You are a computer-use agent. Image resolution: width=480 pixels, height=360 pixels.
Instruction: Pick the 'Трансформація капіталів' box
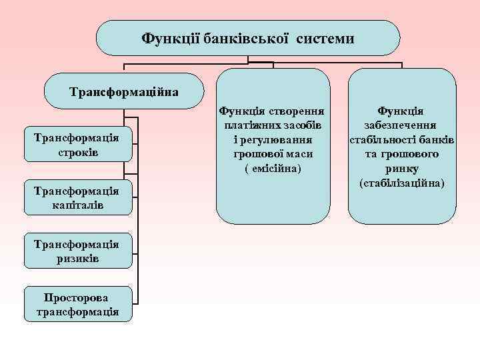point(77,199)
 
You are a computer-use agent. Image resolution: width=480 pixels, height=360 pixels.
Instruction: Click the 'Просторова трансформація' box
point(77,304)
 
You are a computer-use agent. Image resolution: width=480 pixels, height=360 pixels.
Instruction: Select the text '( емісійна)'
point(273,168)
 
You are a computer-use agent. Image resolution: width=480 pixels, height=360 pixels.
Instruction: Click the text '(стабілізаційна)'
point(402,183)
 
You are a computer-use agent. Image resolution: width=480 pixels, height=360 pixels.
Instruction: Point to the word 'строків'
point(77,152)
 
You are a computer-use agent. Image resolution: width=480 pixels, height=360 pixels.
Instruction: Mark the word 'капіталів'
point(77,206)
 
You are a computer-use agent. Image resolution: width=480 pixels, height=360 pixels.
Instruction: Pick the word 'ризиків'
point(77,259)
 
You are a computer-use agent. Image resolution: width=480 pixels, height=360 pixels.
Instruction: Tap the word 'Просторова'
point(77,297)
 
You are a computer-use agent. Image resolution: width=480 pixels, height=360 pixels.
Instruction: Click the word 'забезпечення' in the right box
point(402,125)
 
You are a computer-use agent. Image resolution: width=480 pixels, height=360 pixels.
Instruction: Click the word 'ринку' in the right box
point(402,169)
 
